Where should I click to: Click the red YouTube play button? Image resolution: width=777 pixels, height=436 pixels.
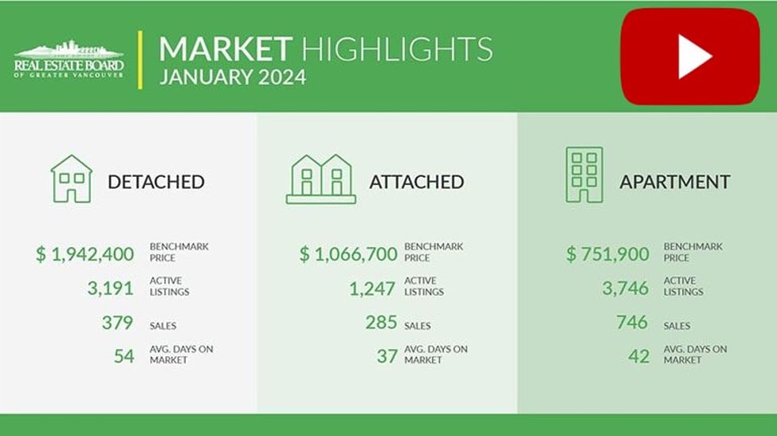point(690,56)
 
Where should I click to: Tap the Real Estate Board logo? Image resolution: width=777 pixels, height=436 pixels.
point(69,59)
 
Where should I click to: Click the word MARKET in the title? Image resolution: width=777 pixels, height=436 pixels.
point(225,49)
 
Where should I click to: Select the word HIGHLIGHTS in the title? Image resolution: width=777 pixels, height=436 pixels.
point(397,49)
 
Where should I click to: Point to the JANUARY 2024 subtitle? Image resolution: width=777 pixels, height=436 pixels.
point(233,77)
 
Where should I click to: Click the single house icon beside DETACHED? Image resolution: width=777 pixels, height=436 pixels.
point(72,179)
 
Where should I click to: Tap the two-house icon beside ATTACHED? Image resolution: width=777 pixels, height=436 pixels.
point(321,179)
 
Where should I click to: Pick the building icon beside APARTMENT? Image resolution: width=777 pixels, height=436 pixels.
point(584,175)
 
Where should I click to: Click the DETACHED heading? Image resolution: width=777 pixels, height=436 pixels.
point(156,182)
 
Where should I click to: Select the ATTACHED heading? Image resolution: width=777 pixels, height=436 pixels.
point(417,182)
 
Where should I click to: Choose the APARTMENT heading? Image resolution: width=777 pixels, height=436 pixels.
point(675,182)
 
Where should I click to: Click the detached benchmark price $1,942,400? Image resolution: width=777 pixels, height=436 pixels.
point(84,254)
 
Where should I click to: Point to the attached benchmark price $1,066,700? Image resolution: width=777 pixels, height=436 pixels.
point(348,254)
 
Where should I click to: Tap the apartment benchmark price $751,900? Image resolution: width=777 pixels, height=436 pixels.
point(607,254)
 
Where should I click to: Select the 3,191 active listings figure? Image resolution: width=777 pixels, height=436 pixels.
point(111,289)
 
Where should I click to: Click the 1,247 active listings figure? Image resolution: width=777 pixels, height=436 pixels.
point(372,289)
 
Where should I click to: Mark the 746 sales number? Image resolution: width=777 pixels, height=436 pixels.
point(632,323)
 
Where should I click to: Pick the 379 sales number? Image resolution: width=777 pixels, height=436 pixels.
point(117,323)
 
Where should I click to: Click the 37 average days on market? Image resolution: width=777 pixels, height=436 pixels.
point(387,356)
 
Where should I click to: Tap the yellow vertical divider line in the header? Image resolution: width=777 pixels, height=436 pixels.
point(140,60)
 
